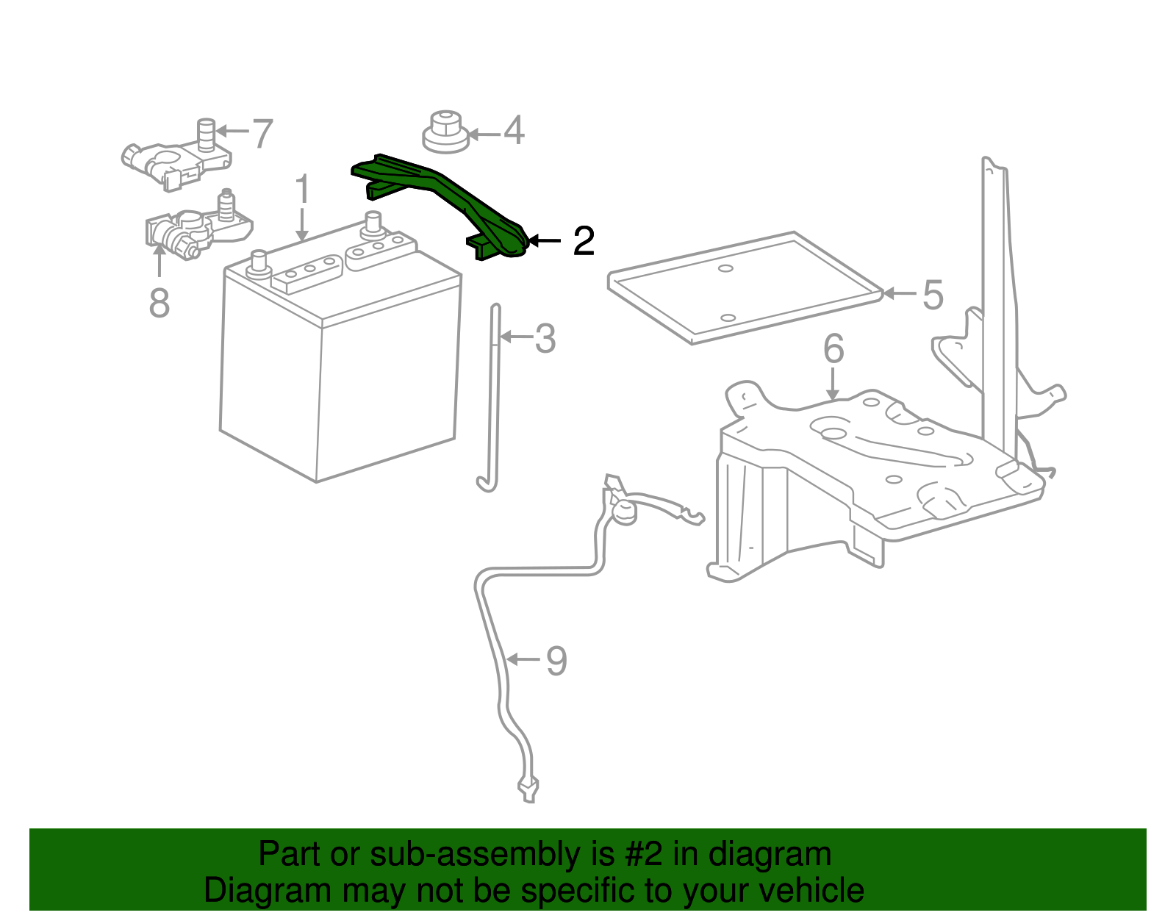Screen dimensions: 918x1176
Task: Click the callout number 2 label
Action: [x=583, y=241]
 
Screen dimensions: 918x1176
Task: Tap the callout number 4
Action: [x=513, y=131]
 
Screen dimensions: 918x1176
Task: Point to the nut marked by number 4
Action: [x=446, y=132]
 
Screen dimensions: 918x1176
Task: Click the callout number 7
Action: [x=262, y=134]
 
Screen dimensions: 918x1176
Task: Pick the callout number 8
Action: [x=159, y=303]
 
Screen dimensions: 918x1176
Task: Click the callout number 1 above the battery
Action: [x=303, y=190]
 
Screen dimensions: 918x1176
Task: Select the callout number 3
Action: [x=545, y=338]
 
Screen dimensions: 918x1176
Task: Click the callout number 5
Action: [x=933, y=295]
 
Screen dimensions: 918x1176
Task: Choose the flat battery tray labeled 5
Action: [x=742, y=287]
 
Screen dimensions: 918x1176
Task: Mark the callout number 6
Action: [x=833, y=348]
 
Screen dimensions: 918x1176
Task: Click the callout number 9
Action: [x=556, y=660]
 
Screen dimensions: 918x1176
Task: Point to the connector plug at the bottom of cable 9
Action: [x=528, y=789]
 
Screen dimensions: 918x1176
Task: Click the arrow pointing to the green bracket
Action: [x=544, y=240]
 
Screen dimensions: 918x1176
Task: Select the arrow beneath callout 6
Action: [x=832, y=384]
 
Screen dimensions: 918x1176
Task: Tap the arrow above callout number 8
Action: [x=159, y=261]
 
